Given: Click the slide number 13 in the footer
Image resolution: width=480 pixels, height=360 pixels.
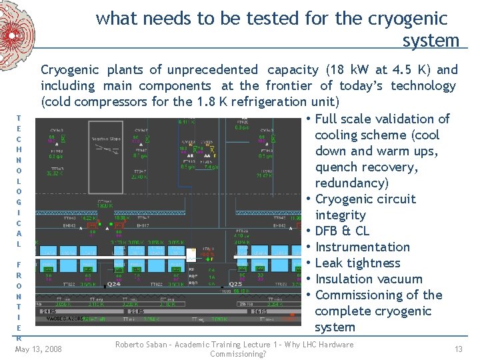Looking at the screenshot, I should click(459, 349).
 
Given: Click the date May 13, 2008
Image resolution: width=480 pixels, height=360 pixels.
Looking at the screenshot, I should click(38, 349).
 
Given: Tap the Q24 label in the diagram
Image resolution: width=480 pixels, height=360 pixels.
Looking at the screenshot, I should click(114, 284).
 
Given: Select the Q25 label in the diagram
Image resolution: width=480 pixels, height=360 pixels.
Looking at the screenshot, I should click(235, 284).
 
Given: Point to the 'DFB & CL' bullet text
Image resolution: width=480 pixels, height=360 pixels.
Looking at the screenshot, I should click(342, 231).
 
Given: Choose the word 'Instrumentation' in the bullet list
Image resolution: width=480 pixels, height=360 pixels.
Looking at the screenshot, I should click(363, 247).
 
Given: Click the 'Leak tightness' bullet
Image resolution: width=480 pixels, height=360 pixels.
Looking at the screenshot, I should click(357, 263).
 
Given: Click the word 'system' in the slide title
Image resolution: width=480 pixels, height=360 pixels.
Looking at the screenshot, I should click(431, 41).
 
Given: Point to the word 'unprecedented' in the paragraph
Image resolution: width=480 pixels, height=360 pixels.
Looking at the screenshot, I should click(213, 69).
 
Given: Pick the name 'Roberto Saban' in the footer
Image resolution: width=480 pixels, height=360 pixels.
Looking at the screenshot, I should click(144, 345).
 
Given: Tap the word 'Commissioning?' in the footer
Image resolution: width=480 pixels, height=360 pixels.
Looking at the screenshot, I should click(238, 354).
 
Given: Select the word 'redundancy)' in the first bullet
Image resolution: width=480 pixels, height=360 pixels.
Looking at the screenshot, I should click(351, 183).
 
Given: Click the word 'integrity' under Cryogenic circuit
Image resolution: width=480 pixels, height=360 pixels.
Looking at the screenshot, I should click(340, 215).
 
